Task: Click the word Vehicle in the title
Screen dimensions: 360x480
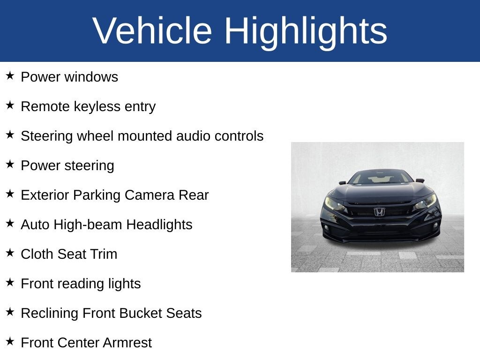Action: (152, 31)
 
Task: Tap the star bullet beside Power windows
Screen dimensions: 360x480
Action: (10, 76)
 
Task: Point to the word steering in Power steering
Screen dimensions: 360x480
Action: (88, 166)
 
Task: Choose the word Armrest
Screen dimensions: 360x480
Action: (127, 343)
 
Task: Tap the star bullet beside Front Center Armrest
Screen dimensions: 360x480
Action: (10, 342)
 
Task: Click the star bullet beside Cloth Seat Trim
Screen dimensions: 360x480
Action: (10, 253)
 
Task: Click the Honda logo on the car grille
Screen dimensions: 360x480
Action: (379, 212)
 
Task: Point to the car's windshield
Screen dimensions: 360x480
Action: (381, 177)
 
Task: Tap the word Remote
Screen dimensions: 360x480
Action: (45, 106)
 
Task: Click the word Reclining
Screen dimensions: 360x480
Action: (50, 313)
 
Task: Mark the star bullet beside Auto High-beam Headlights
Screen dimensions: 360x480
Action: (10, 224)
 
